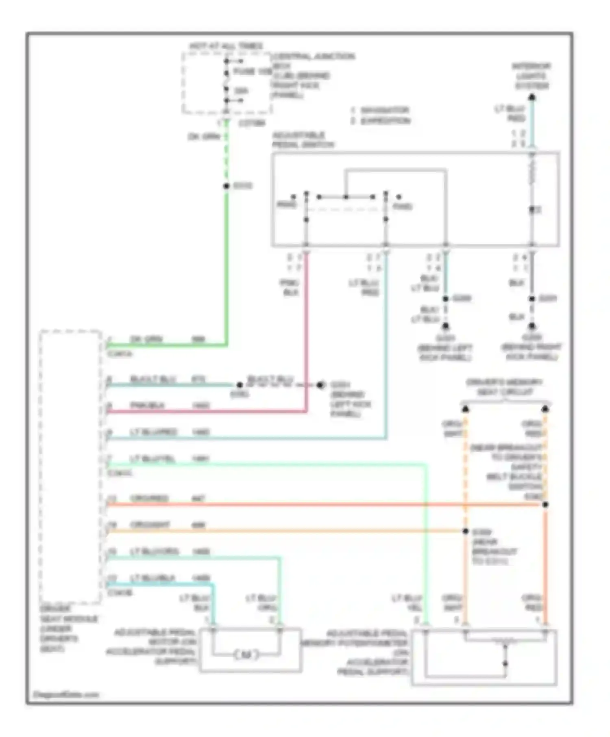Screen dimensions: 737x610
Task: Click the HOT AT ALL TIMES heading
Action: click(226, 46)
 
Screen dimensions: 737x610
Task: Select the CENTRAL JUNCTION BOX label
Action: click(313, 56)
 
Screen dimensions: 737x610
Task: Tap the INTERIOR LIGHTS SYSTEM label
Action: click(532, 76)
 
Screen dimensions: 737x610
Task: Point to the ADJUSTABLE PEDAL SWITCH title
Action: click(303, 140)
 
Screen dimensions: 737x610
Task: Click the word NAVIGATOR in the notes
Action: click(384, 110)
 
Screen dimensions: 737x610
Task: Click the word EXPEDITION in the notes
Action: click(386, 121)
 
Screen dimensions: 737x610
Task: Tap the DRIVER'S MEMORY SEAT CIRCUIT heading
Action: click(504, 387)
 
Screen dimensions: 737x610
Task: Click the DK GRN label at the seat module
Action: click(146, 339)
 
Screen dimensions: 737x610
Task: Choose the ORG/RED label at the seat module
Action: click(149, 498)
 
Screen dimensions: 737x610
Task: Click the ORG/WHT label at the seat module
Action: click(150, 525)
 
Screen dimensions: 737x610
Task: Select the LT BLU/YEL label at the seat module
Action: click(152, 459)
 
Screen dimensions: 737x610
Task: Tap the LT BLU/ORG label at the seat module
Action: click(154, 551)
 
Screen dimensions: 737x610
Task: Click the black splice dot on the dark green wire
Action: click(227, 186)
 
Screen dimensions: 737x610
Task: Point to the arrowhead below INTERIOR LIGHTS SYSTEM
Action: click(532, 98)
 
